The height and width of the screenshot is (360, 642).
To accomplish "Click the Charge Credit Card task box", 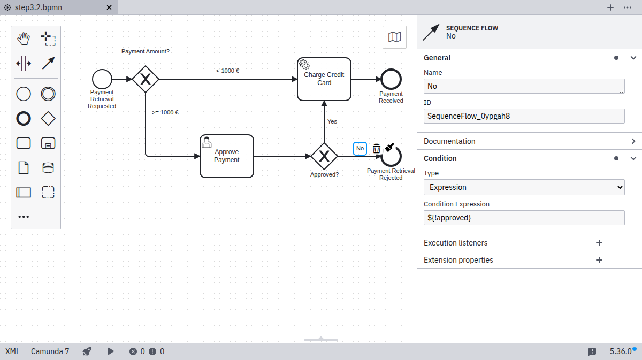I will (x=324, y=79).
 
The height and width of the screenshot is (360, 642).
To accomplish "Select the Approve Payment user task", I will (x=226, y=156).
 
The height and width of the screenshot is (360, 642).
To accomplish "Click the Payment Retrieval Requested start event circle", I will (x=102, y=79).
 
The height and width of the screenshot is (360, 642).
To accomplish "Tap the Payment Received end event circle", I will (x=391, y=79).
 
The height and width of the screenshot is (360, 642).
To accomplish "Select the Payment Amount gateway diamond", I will (x=146, y=79).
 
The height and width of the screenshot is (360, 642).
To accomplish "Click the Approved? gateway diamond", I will (x=324, y=156).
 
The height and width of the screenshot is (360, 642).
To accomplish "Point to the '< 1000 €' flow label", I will (x=227, y=71).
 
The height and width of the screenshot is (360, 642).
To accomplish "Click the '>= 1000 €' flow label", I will (x=165, y=112).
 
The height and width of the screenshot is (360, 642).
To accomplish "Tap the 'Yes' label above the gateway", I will (x=332, y=121).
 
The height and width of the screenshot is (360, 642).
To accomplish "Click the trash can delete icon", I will (x=377, y=148).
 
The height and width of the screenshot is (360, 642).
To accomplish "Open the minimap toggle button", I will (x=394, y=37).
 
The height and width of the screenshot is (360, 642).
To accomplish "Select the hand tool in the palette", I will (x=24, y=39).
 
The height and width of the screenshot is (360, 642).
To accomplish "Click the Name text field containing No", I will (x=524, y=86).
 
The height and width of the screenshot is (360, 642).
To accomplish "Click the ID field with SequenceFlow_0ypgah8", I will (x=524, y=116).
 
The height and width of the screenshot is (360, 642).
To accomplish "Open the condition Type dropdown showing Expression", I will (x=524, y=187).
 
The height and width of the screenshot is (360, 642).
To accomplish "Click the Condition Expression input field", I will (x=524, y=218).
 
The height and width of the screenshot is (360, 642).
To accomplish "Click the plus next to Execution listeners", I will (x=599, y=243).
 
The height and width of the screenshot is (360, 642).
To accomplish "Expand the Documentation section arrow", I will (x=633, y=141).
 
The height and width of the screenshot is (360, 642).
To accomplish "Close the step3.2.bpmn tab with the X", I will (x=109, y=7).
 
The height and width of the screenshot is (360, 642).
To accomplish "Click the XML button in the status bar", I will (x=12, y=351).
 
